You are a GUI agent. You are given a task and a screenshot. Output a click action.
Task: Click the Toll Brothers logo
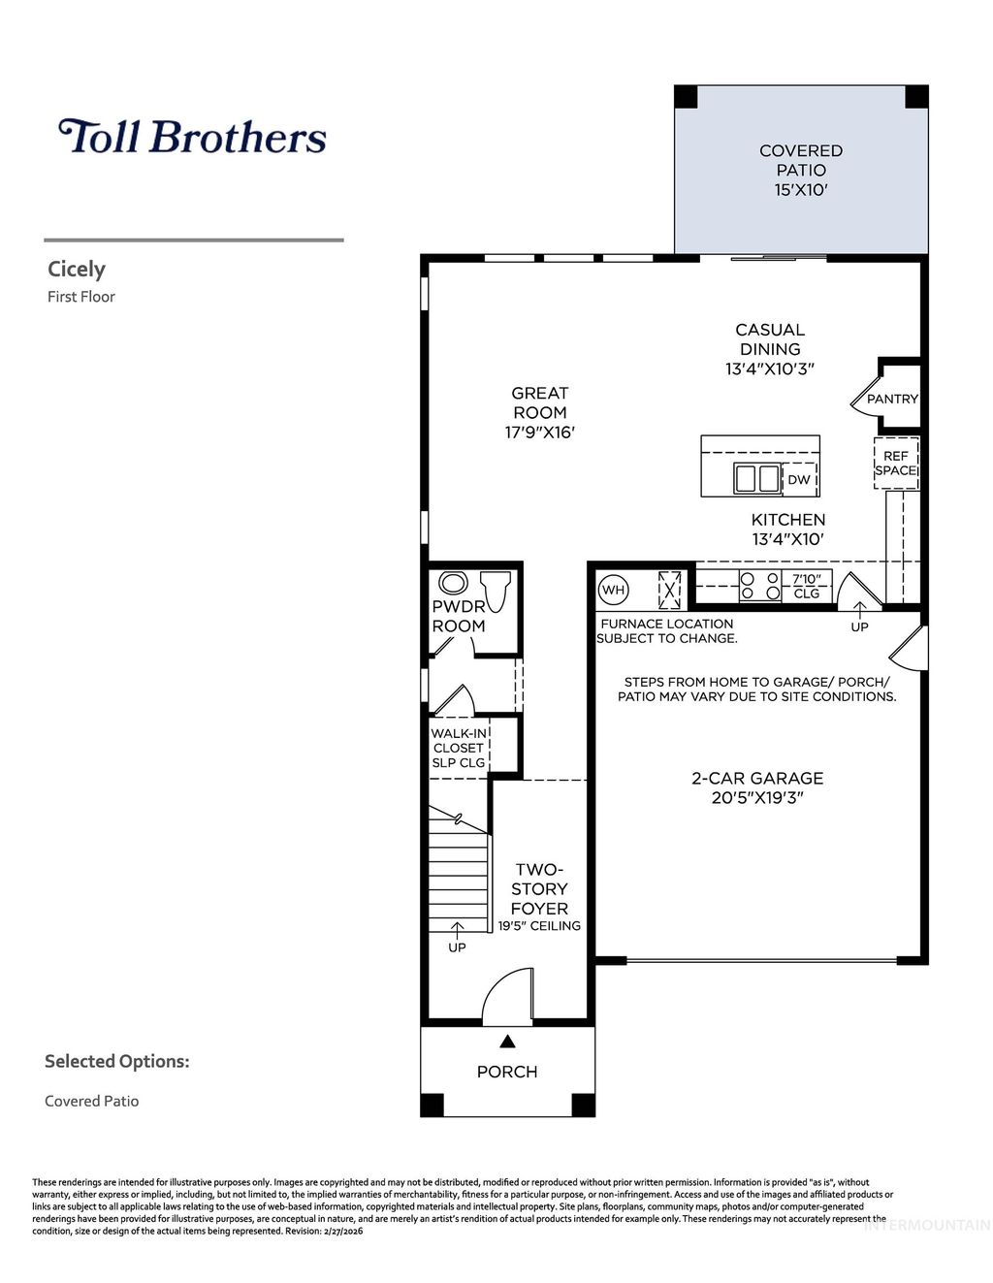point(192,137)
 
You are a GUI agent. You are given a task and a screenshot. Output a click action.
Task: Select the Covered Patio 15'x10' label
point(801,171)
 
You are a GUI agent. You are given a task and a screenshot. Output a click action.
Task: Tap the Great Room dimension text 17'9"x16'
point(540,433)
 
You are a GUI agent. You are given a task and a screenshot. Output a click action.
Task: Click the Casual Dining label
point(770,339)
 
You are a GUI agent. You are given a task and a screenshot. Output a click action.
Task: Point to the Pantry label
point(892,399)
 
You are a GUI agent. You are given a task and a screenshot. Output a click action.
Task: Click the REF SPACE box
point(896,464)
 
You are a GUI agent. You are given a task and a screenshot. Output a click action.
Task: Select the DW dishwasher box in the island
point(799,480)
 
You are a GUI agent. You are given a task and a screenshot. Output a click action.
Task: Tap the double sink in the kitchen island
point(756,478)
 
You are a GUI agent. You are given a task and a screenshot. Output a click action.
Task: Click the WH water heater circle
point(613,589)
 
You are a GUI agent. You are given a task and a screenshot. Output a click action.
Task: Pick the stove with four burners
point(760,586)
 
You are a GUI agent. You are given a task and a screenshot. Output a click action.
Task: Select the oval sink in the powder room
point(453,583)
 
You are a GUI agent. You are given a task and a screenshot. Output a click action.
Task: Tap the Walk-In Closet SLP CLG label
point(459,748)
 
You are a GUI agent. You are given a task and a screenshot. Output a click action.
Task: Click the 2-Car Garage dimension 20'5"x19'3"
point(757,798)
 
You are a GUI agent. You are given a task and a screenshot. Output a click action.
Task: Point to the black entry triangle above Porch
point(507,1042)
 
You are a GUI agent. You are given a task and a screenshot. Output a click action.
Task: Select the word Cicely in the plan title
point(77,270)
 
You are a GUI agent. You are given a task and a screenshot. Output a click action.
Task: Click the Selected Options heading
point(116,1061)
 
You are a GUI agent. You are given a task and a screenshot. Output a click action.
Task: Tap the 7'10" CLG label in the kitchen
point(807,586)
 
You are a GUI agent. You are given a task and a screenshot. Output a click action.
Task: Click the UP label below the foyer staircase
point(457,946)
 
